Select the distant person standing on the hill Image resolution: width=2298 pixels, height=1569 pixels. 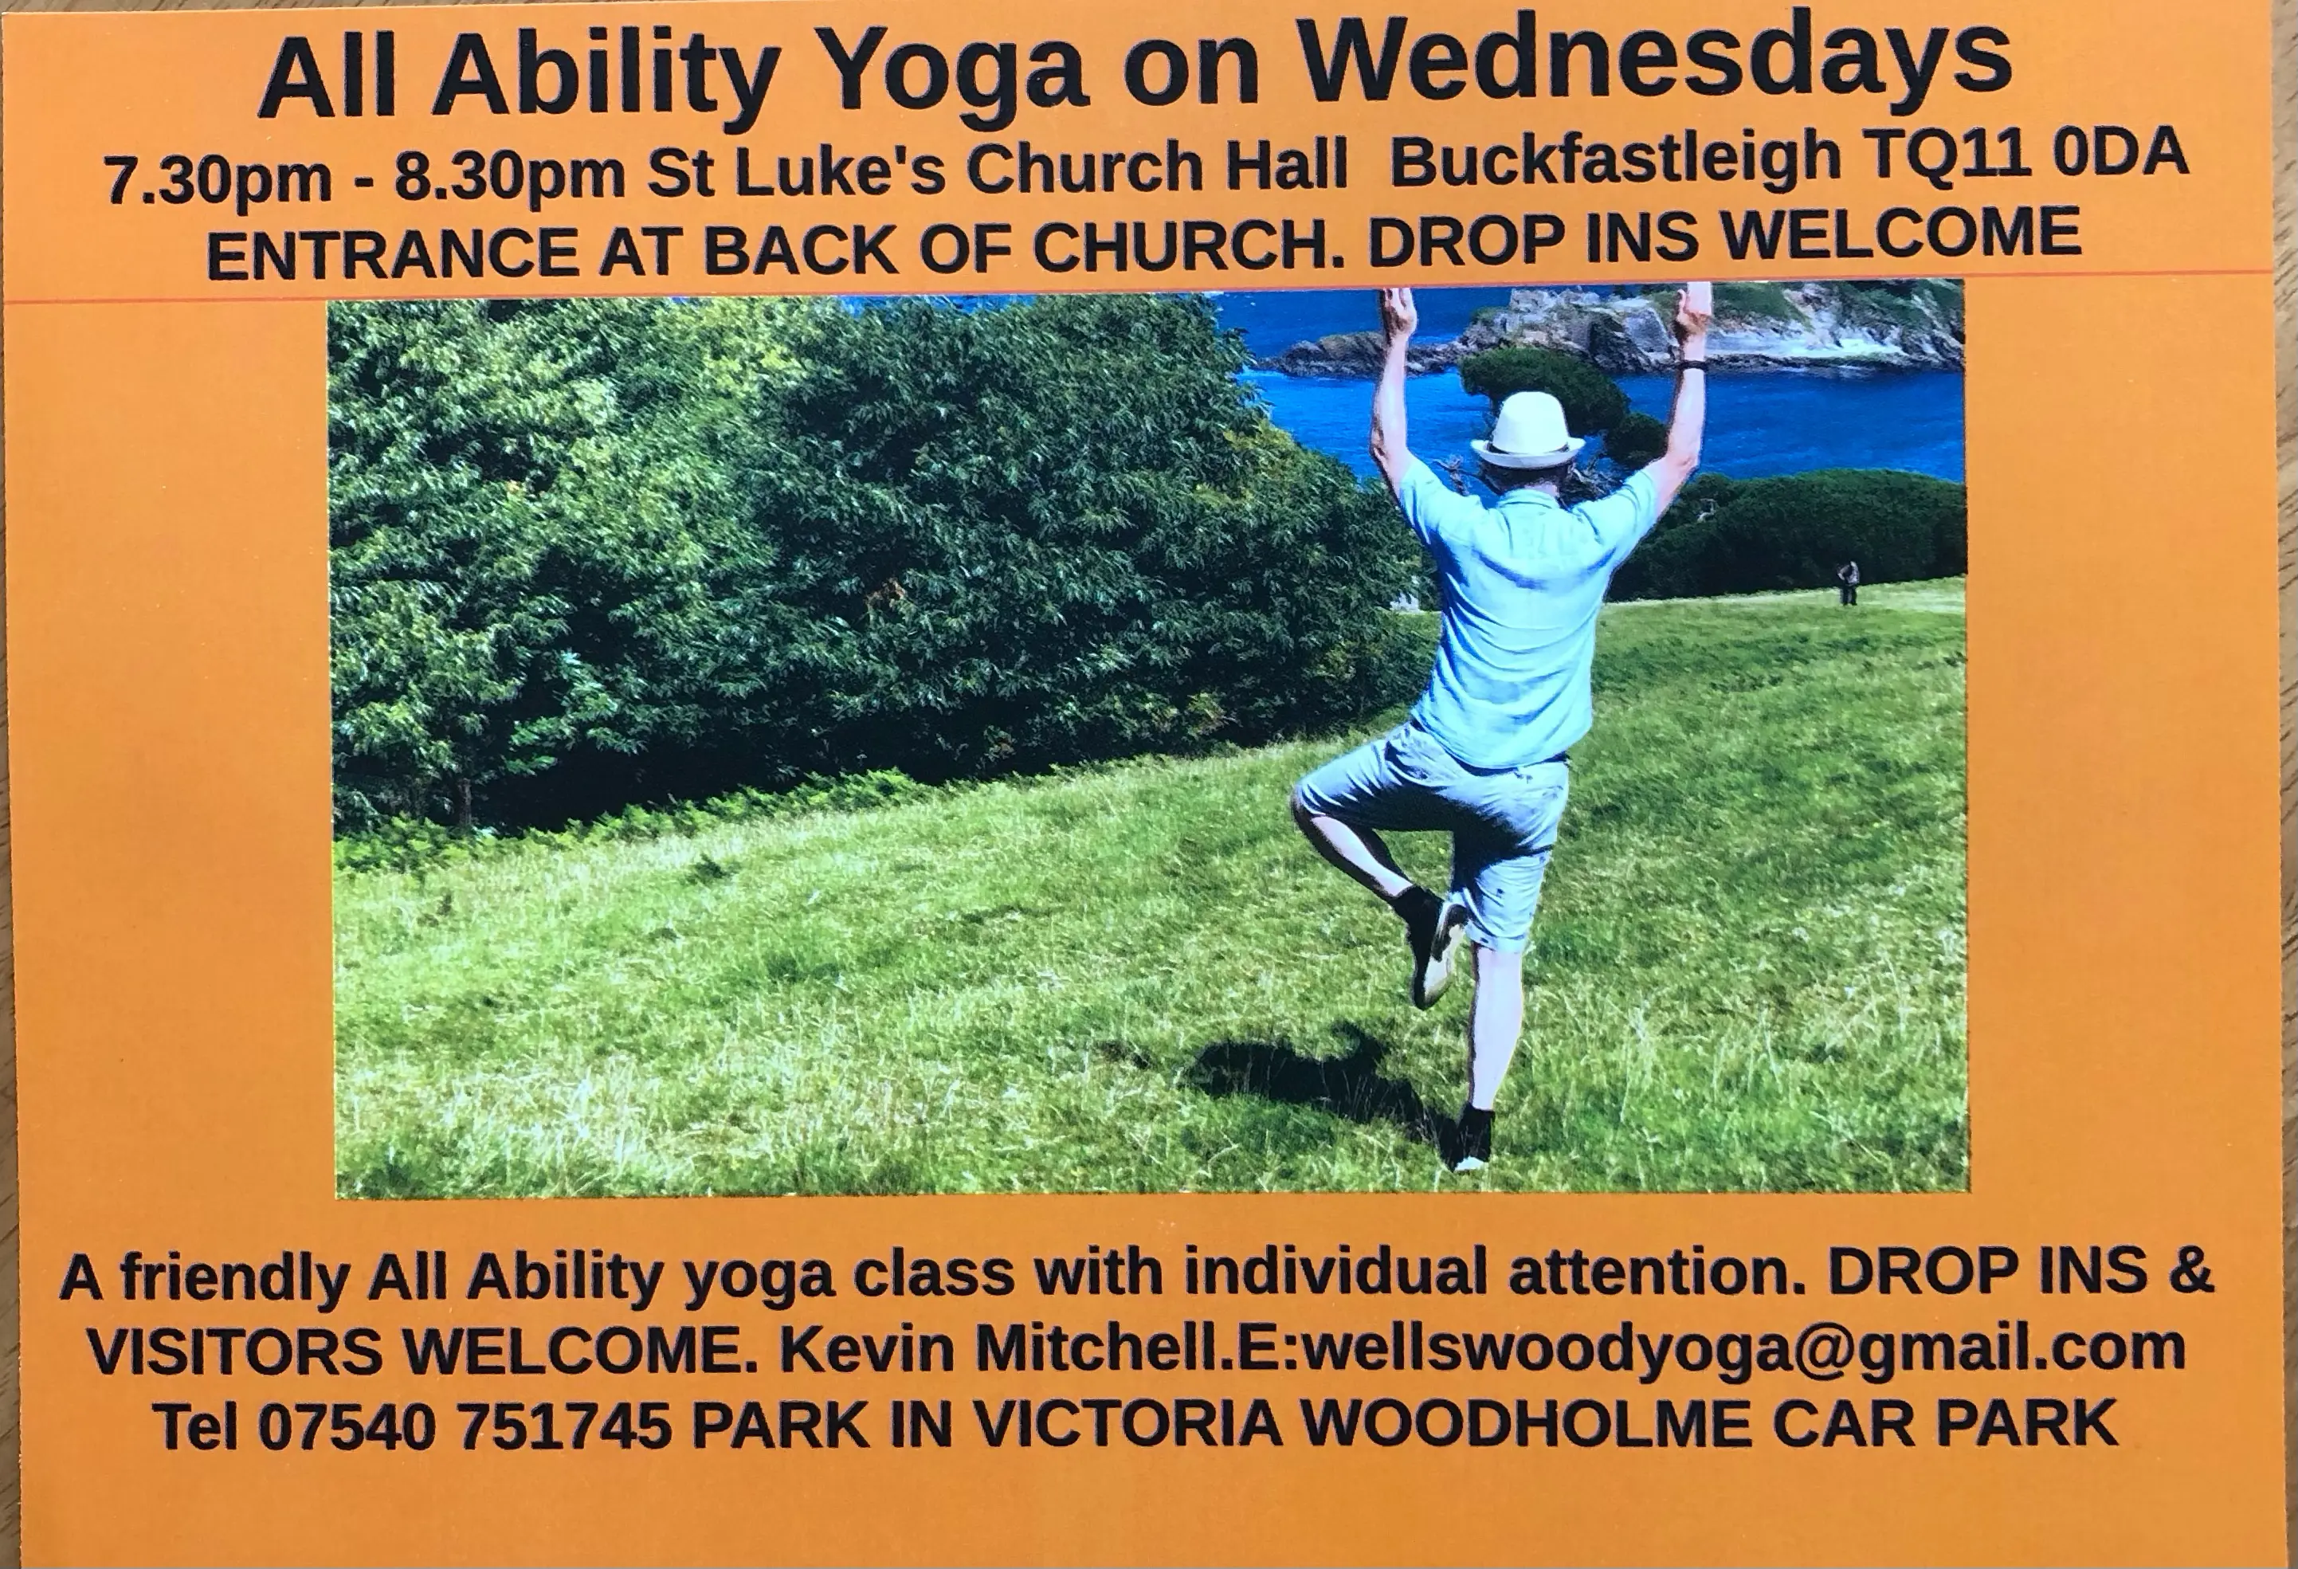1846,582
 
